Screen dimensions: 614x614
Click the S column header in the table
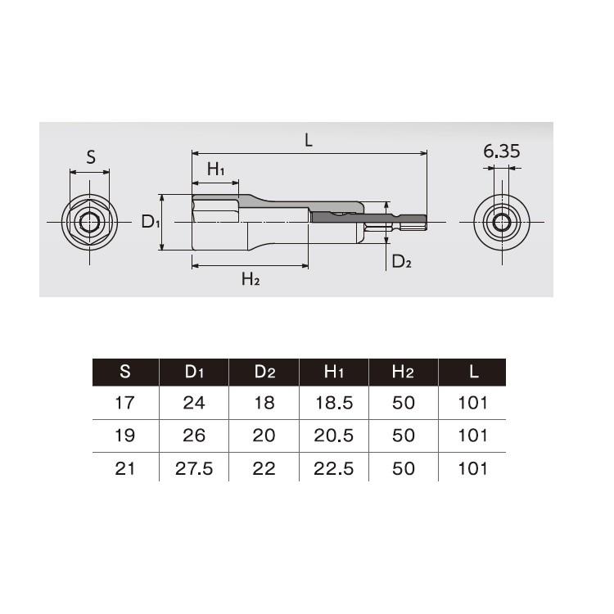125,372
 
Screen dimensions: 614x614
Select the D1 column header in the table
194,372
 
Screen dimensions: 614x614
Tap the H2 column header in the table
403,372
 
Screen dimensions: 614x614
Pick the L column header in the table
472,372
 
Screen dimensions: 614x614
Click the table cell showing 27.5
194,468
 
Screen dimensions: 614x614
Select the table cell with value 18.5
334,403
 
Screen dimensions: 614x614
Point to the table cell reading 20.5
334,436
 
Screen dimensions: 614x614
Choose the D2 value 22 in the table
264,468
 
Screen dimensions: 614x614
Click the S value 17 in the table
125,403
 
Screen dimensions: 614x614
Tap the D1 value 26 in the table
194,436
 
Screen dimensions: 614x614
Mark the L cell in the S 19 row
472,436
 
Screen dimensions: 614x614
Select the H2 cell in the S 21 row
403,468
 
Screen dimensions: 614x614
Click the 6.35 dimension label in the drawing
501,151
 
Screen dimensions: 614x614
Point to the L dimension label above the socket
309,140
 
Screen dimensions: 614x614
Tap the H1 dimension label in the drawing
215,169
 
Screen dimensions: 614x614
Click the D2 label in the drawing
401,261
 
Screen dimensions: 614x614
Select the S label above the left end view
91,157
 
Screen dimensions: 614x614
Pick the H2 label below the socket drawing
251,279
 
